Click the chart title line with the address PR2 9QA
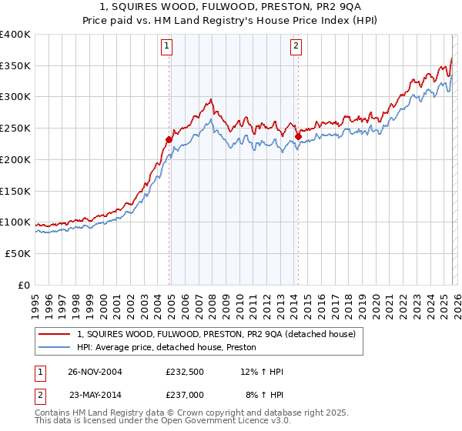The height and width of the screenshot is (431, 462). pos(231,6)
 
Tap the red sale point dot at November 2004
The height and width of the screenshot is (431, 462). pos(169,139)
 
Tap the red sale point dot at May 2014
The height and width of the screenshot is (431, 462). pos(298,136)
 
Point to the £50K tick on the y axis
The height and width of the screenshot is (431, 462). pos(18,253)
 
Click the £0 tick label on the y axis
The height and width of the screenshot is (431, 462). pos(23,285)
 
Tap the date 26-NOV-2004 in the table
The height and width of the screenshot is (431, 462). pos(95,372)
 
